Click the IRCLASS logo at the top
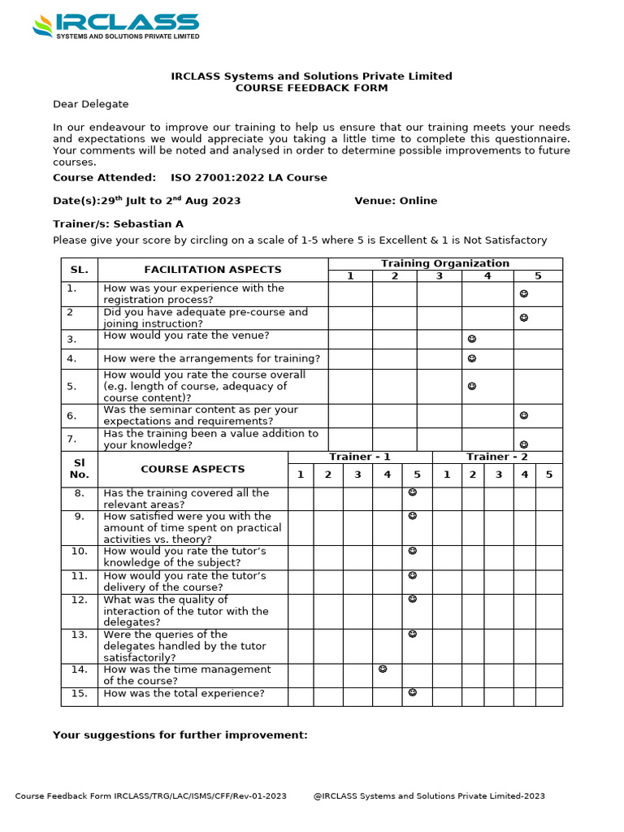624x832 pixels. pos(115,25)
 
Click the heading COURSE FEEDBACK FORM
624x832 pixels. pos(311,88)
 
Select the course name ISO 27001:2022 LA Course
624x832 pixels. pos(249,177)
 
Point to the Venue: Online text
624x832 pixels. pos(396,201)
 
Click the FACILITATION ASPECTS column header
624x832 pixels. pos(213,270)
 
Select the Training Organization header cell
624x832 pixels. pos(445,263)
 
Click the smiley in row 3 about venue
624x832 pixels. pos(472,339)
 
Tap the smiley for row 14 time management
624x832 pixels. pos(383,669)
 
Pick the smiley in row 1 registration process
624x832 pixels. pos(524,294)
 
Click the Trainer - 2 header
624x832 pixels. pos(496,457)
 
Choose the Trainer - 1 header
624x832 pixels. pos(360,457)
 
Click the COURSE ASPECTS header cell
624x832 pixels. pos(193,469)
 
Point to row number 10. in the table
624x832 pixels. pos(79,551)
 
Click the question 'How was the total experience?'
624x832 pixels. pos(184,694)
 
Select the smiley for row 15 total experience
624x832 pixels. pos(413,693)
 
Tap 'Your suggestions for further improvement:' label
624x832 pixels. pos(180,735)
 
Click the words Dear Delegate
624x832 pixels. pos(90,104)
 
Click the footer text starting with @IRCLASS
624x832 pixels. pos(428,796)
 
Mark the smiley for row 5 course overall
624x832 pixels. pos(472,387)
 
